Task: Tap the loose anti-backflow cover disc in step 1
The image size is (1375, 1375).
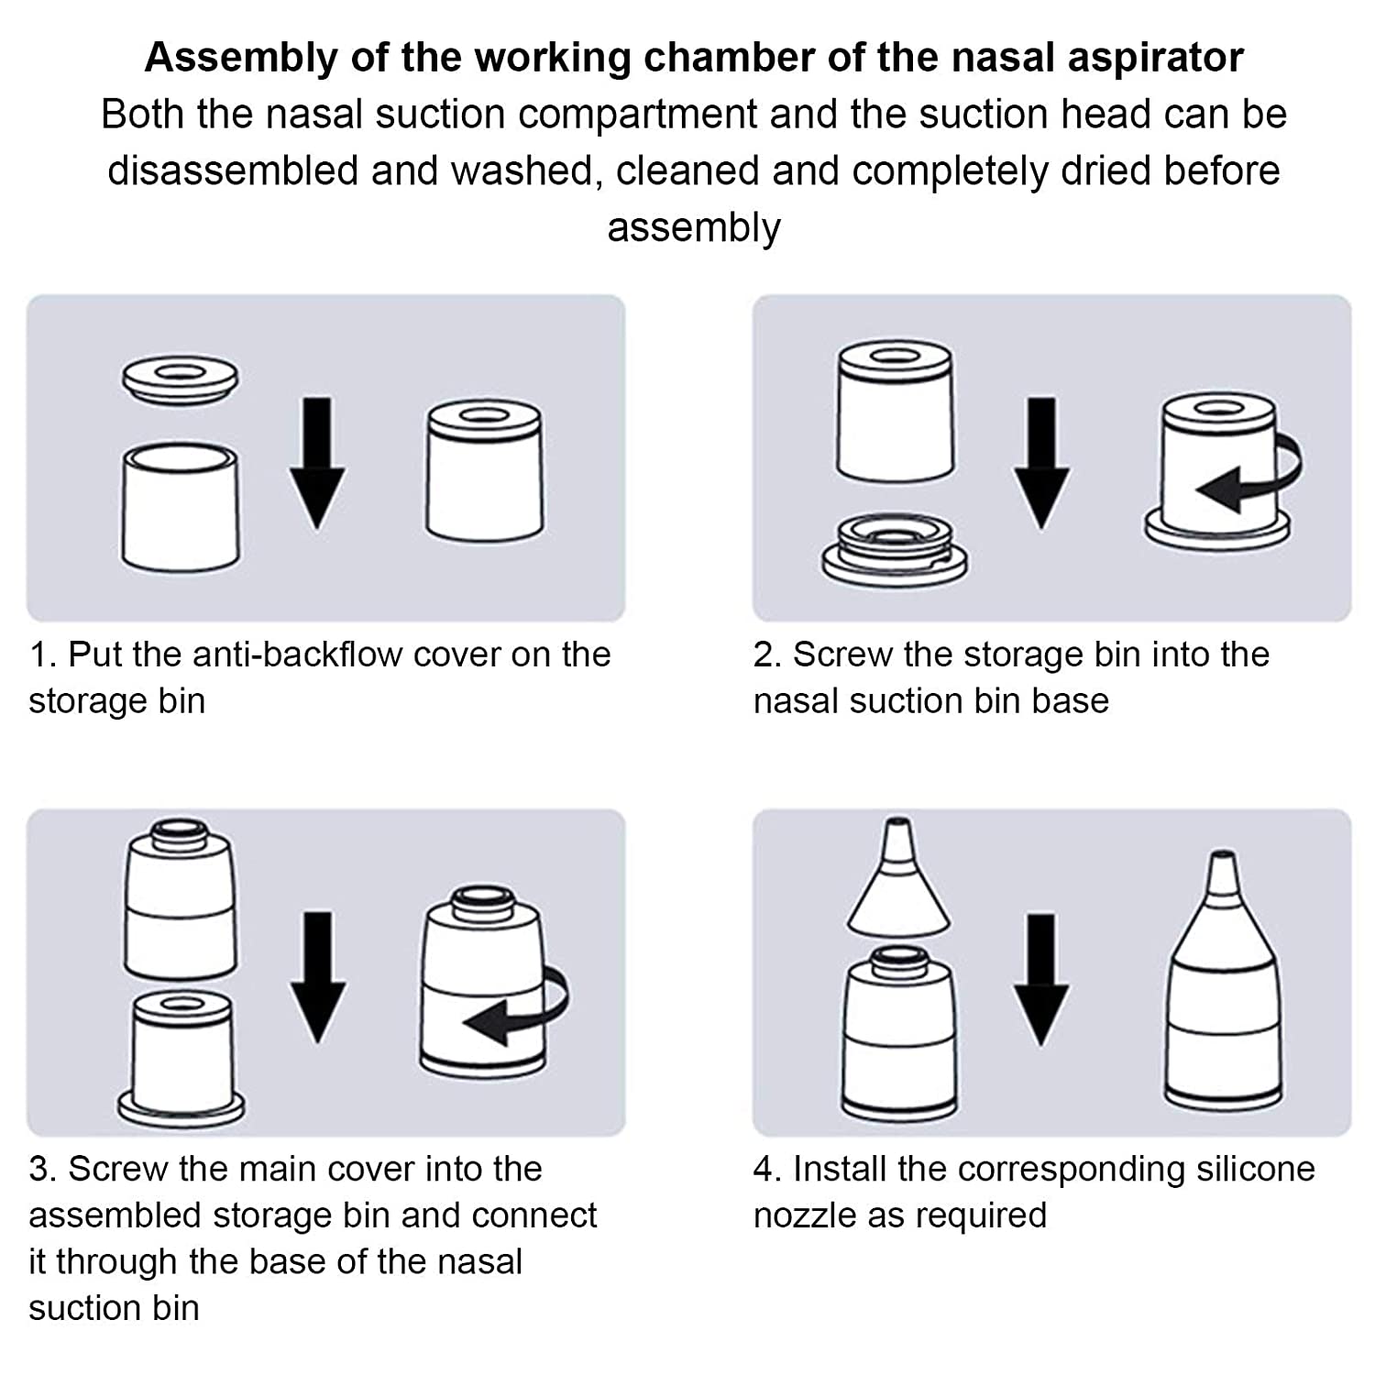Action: (181, 377)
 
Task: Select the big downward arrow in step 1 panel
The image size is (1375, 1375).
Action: (317, 463)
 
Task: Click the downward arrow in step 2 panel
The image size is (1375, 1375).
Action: (1041, 463)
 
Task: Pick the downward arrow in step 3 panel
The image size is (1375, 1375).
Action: (317, 976)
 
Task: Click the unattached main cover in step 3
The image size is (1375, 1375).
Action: (180, 898)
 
